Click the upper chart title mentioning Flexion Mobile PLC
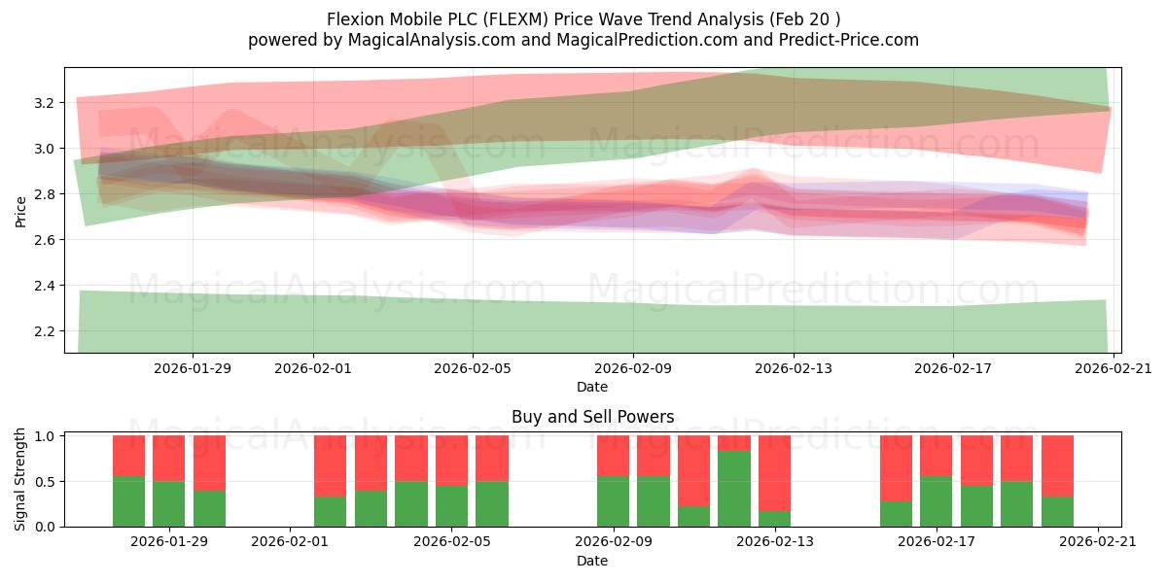pyautogui.click(x=583, y=18)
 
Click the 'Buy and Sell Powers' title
pyautogui.click(x=592, y=417)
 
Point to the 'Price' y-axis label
pyautogui.click(x=21, y=211)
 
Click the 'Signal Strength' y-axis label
pyautogui.click(x=21, y=479)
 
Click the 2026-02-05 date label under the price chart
pyautogui.click(x=473, y=368)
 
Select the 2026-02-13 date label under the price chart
pyautogui.click(x=794, y=368)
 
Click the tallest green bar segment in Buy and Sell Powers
pyautogui.click(x=734, y=489)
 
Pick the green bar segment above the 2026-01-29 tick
pyautogui.click(x=169, y=503)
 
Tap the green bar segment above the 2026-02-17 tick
pyautogui.click(x=936, y=501)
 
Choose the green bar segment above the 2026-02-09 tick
pyautogui.click(x=613, y=501)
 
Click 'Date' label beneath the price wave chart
pyautogui.click(x=592, y=387)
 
